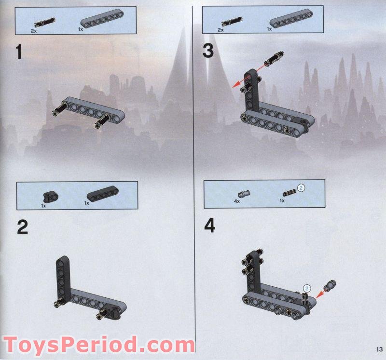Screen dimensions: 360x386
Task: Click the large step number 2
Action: (22, 227)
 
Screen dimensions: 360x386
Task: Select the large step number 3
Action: (208, 51)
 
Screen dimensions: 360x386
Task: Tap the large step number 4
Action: (209, 226)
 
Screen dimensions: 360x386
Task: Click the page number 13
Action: (377, 349)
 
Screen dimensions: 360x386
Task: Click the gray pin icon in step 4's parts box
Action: (246, 193)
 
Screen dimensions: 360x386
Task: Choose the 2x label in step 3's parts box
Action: (221, 29)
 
